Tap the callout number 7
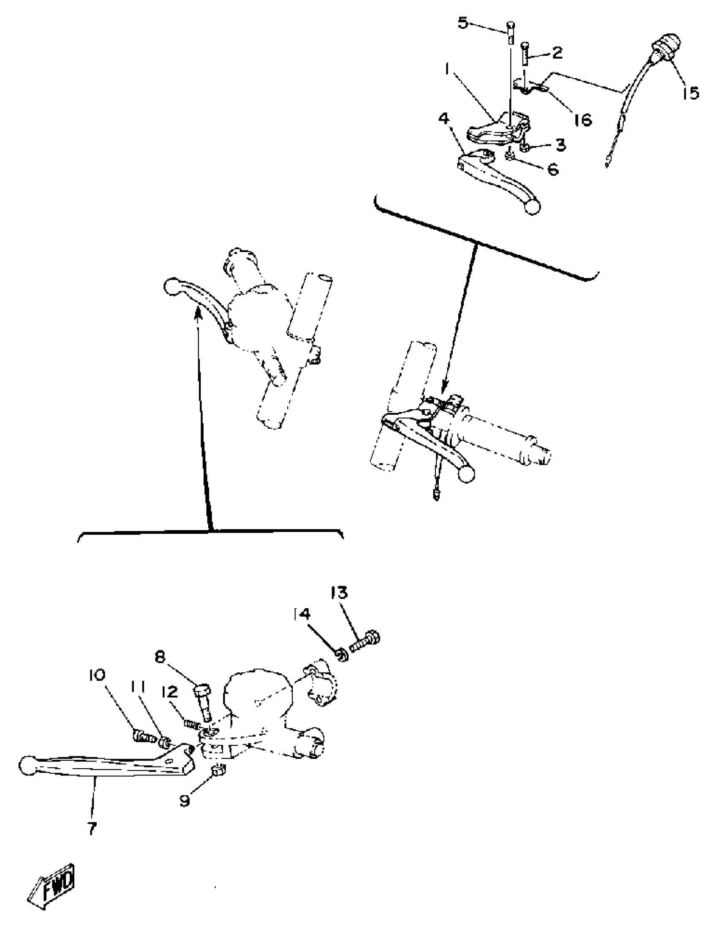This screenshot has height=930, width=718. pyautogui.click(x=92, y=828)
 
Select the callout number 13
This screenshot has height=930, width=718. pyautogui.click(x=340, y=593)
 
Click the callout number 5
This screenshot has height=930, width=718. pyautogui.click(x=462, y=22)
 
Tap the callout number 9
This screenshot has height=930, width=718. pyautogui.click(x=185, y=800)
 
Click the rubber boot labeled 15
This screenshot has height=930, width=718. pyautogui.click(x=667, y=50)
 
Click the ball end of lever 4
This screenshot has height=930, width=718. pyautogui.click(x=532, y=207)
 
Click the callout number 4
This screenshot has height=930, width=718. pyautogui.click(x=444, y=118)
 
